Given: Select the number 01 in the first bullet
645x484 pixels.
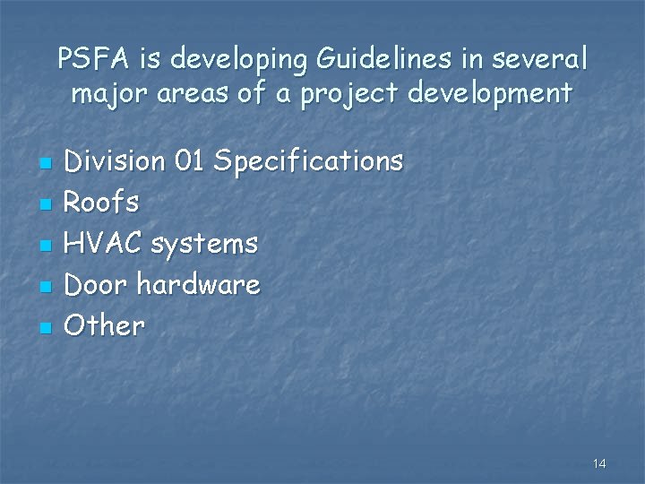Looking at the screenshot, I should tap(191, 161).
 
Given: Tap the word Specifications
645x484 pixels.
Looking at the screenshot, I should tap(309, 162).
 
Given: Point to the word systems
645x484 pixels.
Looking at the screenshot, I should tap(206, 244).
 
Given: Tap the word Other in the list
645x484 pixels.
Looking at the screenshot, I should tap(105, 325).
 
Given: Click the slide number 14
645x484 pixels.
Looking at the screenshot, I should tap(599, 462).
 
